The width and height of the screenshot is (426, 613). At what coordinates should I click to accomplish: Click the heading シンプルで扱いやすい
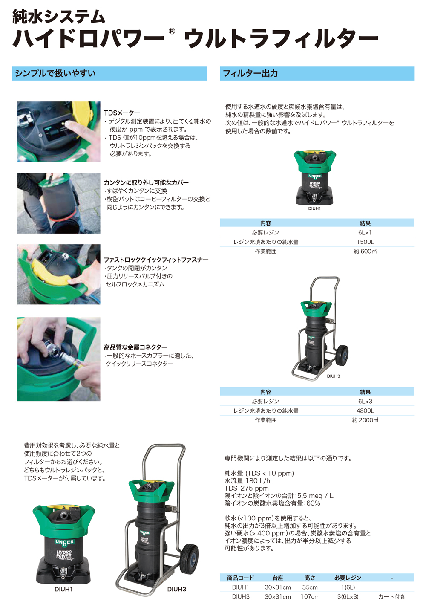click(55, 73)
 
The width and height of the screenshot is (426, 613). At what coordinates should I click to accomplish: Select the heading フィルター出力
click(250, 73)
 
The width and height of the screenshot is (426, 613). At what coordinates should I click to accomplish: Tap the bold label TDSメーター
click(122, 113)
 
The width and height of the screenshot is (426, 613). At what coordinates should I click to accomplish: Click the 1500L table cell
click(365, 242)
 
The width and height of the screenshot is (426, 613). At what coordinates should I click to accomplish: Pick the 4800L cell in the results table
click(365, 411)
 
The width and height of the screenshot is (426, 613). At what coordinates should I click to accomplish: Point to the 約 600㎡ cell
click(365, 252)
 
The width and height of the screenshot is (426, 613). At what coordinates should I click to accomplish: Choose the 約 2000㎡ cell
click(365, 420)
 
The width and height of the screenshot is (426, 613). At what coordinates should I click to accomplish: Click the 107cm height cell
click(310, 597)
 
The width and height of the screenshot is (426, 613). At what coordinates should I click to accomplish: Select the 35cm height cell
click(310, 587)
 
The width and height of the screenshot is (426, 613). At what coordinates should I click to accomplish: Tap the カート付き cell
click(391, 597)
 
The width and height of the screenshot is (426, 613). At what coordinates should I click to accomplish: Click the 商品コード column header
click(240, 578)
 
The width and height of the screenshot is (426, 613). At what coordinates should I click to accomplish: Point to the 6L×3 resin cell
click(365, 402)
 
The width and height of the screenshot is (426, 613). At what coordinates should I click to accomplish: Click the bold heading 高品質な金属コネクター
click(135, 347)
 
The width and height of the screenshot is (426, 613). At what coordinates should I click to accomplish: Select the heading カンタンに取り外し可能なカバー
click(146, 182)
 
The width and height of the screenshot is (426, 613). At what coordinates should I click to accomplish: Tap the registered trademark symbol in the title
click(172, 31)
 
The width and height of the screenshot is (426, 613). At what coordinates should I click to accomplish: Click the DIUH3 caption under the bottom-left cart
click(176, 589)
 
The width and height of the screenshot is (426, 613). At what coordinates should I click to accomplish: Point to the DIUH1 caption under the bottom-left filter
click(63, 589)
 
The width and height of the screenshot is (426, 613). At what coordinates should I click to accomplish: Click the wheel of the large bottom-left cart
click(189, 559)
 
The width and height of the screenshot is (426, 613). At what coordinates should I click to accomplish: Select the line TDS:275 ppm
click(246, 489)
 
